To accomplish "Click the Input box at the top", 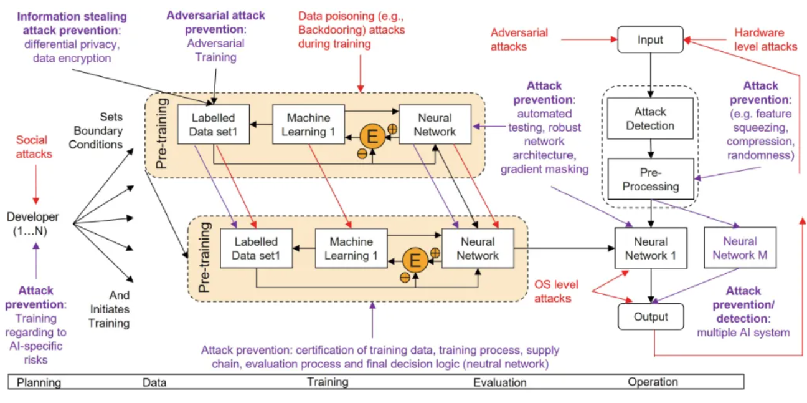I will pyautogui.click(x=650, y=40).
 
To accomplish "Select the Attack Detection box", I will pyautogui.click(x=649, y=119).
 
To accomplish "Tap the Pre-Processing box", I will pyautogui.click(x=649, y=180).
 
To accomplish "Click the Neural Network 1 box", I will pyautogui.click(x=651, y=249).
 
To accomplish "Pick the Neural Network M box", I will pyautogui.click(x=740, y=248).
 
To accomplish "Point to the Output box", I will pyautogui.click(x=650, y=317).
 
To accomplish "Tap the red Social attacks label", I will pyautogui.click(x=34, y=147).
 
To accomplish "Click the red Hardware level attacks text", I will pyautogui.click(x=765, y=39).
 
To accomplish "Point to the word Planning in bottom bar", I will pyautogui.click(x=39, y=382).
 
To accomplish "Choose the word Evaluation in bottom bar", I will pyautogui.click(x=499, y=382).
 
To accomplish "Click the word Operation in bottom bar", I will pyautogui.click(x=653, y=382).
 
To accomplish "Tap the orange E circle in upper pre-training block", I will pyautogui.click(x=372, y=137).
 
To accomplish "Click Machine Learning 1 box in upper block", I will pyautogui.click(x=308, y=125).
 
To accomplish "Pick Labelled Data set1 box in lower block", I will pyautogui.click(x=256, y=248).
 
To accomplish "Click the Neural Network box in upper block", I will pyautogui.click(x=435, y=125).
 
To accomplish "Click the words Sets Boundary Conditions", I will pyautogui.click(x=102, y=131).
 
